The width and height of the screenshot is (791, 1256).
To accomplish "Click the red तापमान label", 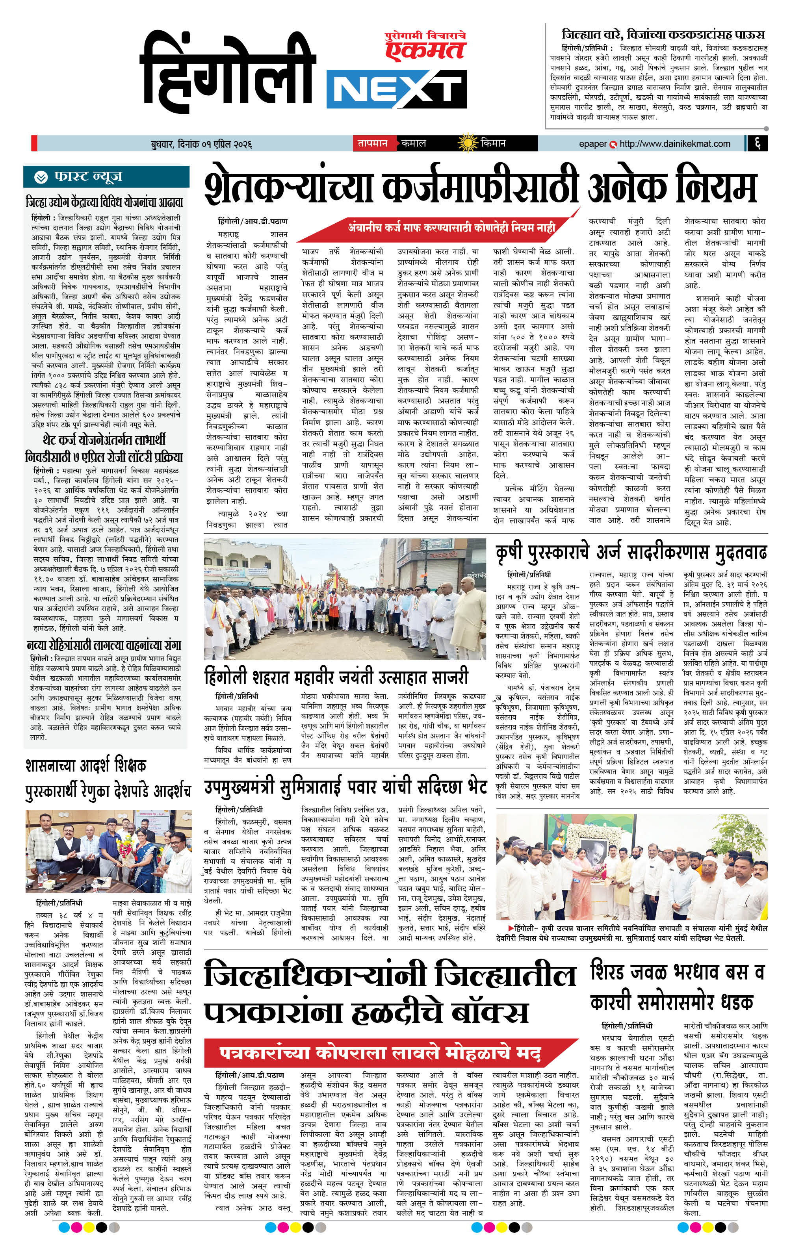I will tap(372, 143).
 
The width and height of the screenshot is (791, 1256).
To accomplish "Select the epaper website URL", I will tap(675, 143).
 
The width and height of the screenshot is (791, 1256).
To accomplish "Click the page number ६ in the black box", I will tap(758, 143).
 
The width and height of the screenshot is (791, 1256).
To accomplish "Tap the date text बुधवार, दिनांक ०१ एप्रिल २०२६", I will tap(201, 144).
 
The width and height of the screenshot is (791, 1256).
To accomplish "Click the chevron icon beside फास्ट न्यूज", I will tap(41, 177).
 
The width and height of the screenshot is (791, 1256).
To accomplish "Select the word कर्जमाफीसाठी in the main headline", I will tap(480, 186).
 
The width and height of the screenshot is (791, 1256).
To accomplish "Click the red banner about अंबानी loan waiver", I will tap(452, 227).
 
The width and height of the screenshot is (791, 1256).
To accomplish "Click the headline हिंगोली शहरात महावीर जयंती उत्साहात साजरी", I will tap(336, 677).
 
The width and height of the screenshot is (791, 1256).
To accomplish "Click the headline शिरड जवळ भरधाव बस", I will tap(677, 987).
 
